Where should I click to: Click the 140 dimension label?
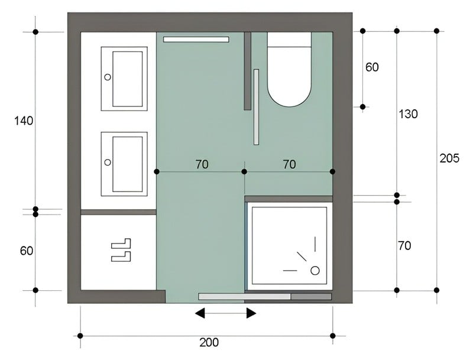tap(24, 121)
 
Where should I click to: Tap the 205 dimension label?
tap(449, 158)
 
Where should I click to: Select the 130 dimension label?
tap(408, 114)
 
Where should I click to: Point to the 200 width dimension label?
tap(209, 342)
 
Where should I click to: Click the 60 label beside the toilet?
tap(372, 67)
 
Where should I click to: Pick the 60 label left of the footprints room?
tap(27, 251)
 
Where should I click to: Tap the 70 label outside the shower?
tap(404, 246)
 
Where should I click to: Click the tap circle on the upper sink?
tap(108, 77)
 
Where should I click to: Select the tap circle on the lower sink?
tap(108, 162)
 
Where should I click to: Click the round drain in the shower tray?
tap(315, 271)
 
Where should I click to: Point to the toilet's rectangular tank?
tap(289, 40)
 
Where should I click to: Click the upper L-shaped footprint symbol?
tap(121, 244)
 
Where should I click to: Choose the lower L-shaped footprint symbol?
tap(121, 257)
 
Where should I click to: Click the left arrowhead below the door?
tap(200, 313)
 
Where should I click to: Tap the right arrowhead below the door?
tap(251, 313)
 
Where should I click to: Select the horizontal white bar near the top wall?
tap(196, 40)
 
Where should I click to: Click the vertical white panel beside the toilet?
tap(256, 107)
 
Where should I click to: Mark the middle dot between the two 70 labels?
tap(244, 171)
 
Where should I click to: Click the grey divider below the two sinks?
tap(118, 212)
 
